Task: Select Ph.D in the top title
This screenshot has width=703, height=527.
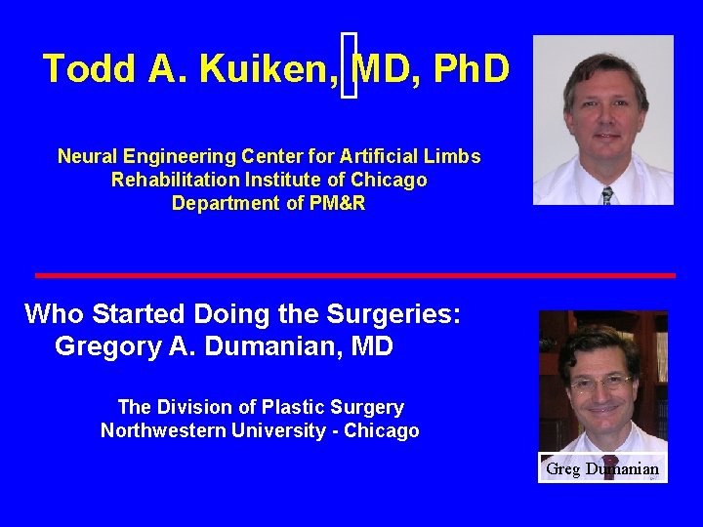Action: [x=471, y=69]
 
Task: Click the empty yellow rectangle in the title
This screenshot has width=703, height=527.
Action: [x=350, y=64]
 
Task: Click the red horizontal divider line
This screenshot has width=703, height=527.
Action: [x=355, y=275]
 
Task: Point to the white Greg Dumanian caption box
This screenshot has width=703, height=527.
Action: [x=601, y=469]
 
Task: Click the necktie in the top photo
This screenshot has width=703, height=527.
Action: [x=607, y=194]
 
